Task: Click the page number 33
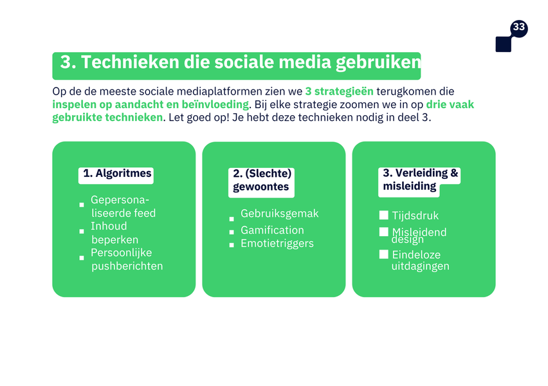click(x=519, y=27)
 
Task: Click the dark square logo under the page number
click(x=503, y=44)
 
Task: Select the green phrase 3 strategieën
click(x=340, y=91)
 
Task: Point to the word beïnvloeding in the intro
click(x=215, y=104)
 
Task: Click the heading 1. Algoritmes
click(x=117, y=173)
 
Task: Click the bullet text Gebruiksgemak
click(x=280, y=214)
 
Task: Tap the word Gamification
click(x=272, y=230)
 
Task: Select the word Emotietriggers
click(x=277, y=243)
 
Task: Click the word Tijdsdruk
click(x=416, y=216)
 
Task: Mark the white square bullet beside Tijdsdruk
click(x=384, y=215)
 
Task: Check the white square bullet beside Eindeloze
click(x=384, y=254)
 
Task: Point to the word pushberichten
click(x=127, y=266)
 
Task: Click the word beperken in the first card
click(x=115, y=239)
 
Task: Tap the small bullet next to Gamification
click(x=232, y=232)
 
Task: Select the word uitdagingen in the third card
click(x=421, y=266)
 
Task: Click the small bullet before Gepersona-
click(x=82, y=205)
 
